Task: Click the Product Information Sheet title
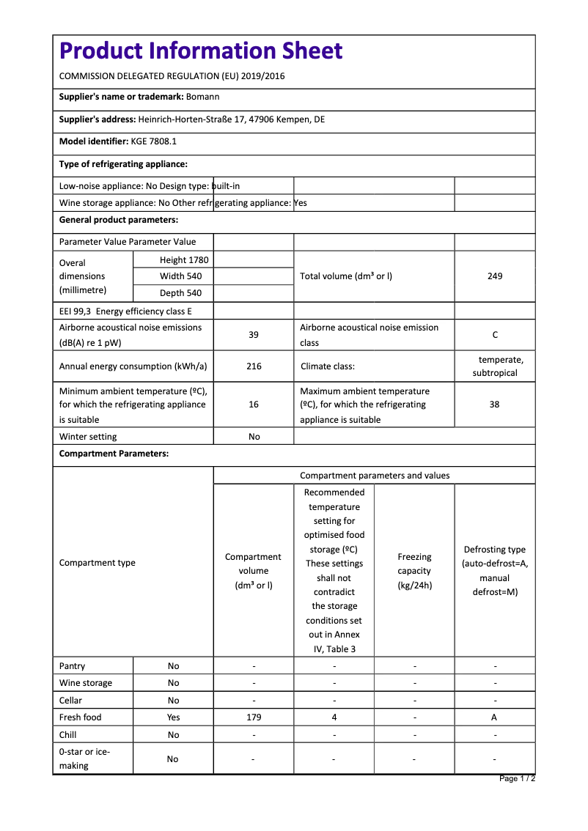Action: (x=201, y=51)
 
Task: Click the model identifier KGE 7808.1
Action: (x=153, y=141)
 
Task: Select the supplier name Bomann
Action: (x=202, y=97)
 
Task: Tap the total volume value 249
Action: (x=495, y=276)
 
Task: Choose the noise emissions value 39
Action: (x=254, y=335)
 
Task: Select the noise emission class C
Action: (x=495, y=335)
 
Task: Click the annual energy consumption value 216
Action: (x=254, y=366)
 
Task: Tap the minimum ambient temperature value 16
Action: (x=254, y=405)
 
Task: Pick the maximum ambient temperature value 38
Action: (x=495, y=405)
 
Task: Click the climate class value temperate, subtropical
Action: (x=496, y=366)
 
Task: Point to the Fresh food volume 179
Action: (x=254, y=717)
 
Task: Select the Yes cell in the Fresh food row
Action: (x=173, y=717)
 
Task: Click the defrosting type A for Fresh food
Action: (x=494, y=717)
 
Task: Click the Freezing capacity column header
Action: (x=414, y=571)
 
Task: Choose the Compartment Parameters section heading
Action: (x=114, y=454)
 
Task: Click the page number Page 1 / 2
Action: (x=517, y=778)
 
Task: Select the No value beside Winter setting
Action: (x=254, y=437)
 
